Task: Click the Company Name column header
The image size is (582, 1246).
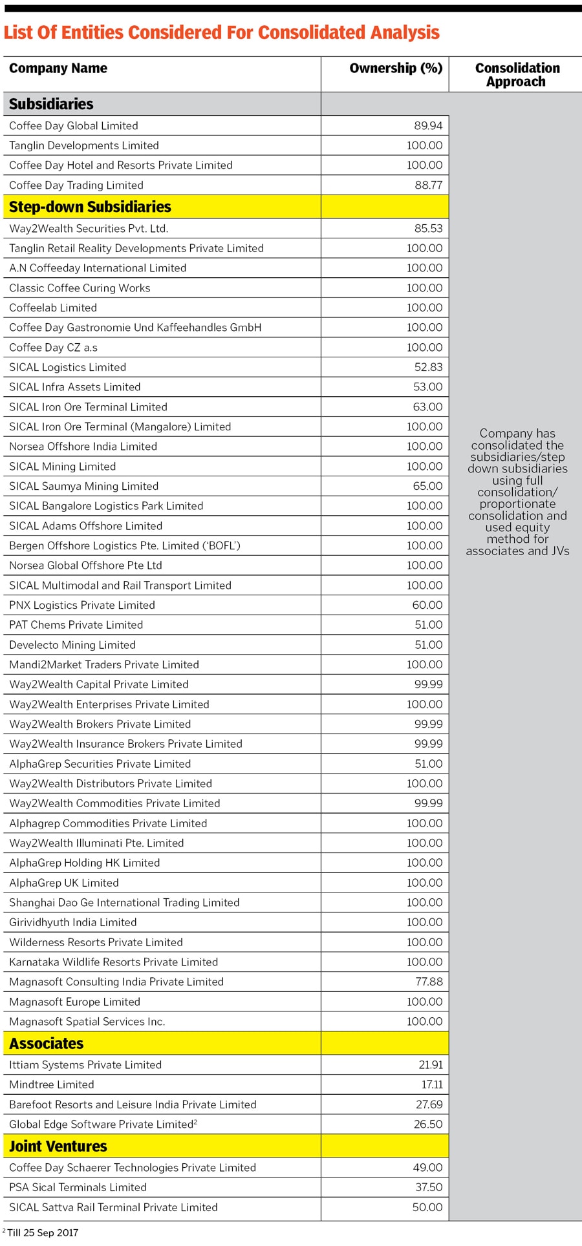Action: [x=58, y=69]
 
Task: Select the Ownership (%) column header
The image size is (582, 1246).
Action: [x=396, y=69]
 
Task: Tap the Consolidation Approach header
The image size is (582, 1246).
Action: [x=517, y=75]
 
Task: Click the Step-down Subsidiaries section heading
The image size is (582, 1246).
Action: [x=90, y=207]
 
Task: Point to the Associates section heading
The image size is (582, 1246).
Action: [x=46, y=1043]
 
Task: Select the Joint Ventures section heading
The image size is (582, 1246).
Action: [x=58, y=1146]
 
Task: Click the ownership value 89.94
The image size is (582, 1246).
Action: [x=428, y=126]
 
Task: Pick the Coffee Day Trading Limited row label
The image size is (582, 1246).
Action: [x=76, y=185]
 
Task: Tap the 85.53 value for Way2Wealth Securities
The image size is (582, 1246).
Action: [x=428, y=229]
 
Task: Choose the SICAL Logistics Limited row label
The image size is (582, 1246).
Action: [x=67, y=367]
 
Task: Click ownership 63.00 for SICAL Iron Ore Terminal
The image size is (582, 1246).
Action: [x=428, y=407]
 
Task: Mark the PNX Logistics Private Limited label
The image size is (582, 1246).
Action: [x=82, y=605]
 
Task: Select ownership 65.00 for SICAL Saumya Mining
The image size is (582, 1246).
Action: [x=428, y=486]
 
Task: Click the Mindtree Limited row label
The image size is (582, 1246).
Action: [x=52, y=1084]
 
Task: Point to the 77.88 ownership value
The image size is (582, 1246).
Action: [x=429, y=982]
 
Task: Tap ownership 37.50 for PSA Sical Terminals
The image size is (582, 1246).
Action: [x=428, y=1187]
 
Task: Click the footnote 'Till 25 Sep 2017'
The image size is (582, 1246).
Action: [x=42, y=1232]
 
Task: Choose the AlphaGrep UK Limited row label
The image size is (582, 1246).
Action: [x=64, y=883]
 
